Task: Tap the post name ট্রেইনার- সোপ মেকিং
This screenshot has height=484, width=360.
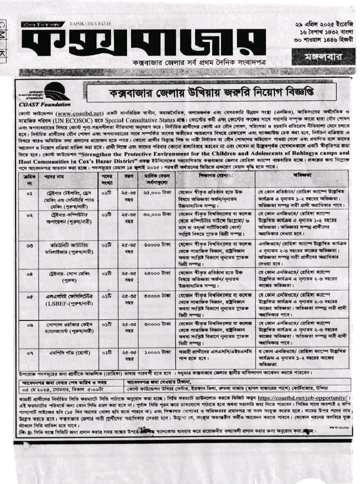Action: [70, 274]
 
